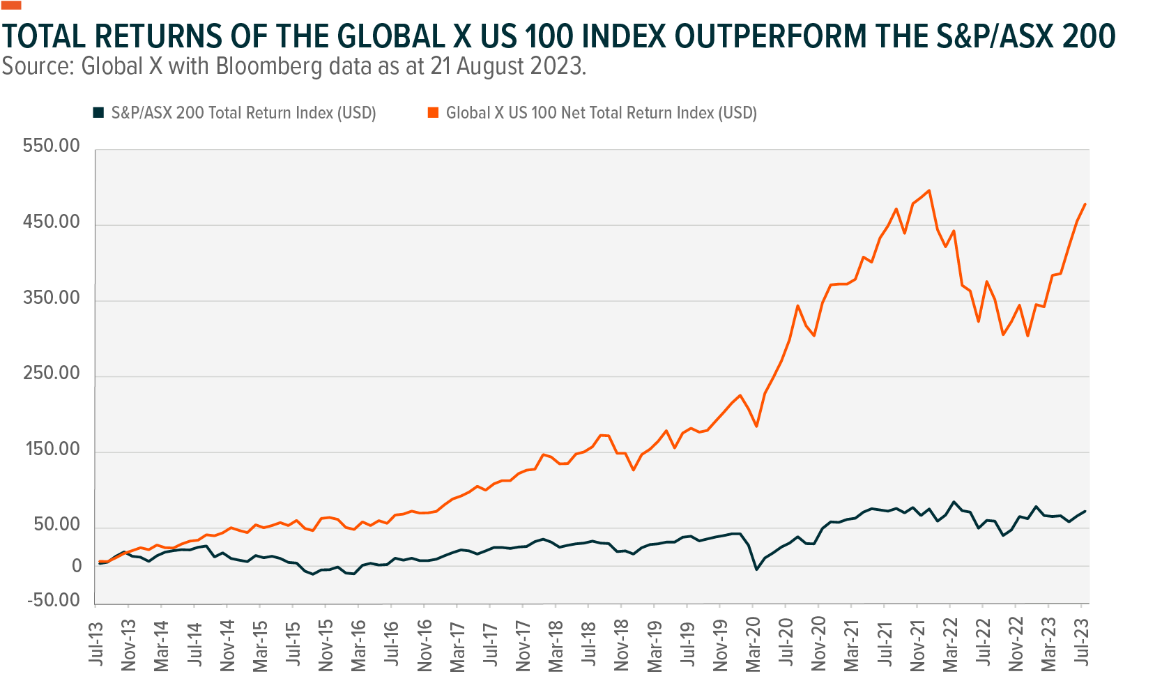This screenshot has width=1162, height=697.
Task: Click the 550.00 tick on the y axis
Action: click(51, 146)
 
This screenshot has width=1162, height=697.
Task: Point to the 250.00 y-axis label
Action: click(51, 374)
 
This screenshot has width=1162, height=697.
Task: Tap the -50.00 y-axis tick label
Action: click(53, 601)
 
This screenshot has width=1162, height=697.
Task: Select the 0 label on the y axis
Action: click(77, 567)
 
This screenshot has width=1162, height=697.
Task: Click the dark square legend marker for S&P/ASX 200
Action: click(98, 112)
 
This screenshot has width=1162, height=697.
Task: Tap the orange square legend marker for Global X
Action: click(433, 112)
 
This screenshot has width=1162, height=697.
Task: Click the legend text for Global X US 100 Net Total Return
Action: click(601, 113)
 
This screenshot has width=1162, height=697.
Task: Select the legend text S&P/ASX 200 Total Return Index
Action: click(243, 113)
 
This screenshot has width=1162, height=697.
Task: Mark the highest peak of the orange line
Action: click(929, 190)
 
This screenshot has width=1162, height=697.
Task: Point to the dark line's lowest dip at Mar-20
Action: click(756, 569)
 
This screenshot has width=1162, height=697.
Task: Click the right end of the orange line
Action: click(1085, 204)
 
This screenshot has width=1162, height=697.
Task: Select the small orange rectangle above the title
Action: click(12, 5)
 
